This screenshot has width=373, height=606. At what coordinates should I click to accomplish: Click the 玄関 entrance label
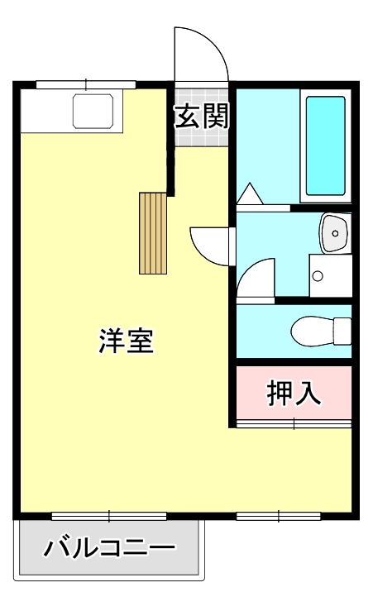pos(201,117)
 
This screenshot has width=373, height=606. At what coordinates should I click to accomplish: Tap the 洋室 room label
pos(127,341)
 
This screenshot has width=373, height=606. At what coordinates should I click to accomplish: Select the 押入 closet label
pos(294,394)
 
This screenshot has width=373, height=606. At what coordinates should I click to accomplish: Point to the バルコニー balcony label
pos(110,548)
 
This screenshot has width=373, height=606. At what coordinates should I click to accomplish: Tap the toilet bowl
pos(318,330)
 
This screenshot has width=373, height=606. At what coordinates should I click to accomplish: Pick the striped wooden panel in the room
pos(153,232)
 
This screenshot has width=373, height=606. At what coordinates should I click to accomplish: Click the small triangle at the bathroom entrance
pos(250,195)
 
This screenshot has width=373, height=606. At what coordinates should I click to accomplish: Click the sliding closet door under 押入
pos(294,423)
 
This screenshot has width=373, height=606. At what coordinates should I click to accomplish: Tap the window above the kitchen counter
pos(85,84)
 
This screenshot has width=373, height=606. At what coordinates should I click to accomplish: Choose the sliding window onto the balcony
pos(109,516)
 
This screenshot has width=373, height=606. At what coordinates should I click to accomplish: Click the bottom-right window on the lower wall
pos(278,516)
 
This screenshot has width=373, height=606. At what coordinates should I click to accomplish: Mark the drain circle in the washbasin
pos(336,234)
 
